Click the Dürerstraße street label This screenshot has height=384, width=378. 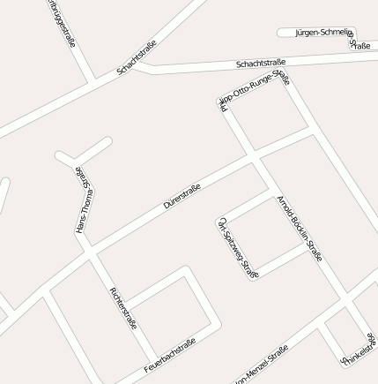[x=182, y=195]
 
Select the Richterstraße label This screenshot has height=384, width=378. [x=123, y=307]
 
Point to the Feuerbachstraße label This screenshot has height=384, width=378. [x=170, y=356]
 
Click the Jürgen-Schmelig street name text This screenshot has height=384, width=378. [x=322, y=32]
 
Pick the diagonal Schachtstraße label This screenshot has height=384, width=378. [x=137, y=56]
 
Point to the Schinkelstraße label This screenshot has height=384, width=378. [x=359, y=349]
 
